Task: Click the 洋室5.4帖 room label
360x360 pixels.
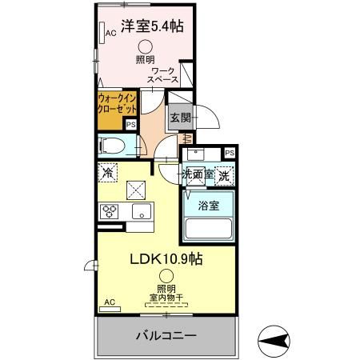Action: [152, 26]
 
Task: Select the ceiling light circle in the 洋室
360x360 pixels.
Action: [146, 48]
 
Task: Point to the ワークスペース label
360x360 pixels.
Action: [163, 76]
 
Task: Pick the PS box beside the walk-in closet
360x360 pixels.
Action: [131, 125]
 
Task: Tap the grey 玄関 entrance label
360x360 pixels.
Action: [178, 117]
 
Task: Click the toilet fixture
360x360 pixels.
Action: [112, 146]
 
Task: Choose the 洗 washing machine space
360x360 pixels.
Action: [226, 174]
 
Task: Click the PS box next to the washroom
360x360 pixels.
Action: [230, 153]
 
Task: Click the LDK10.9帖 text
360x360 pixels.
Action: [166, 261]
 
